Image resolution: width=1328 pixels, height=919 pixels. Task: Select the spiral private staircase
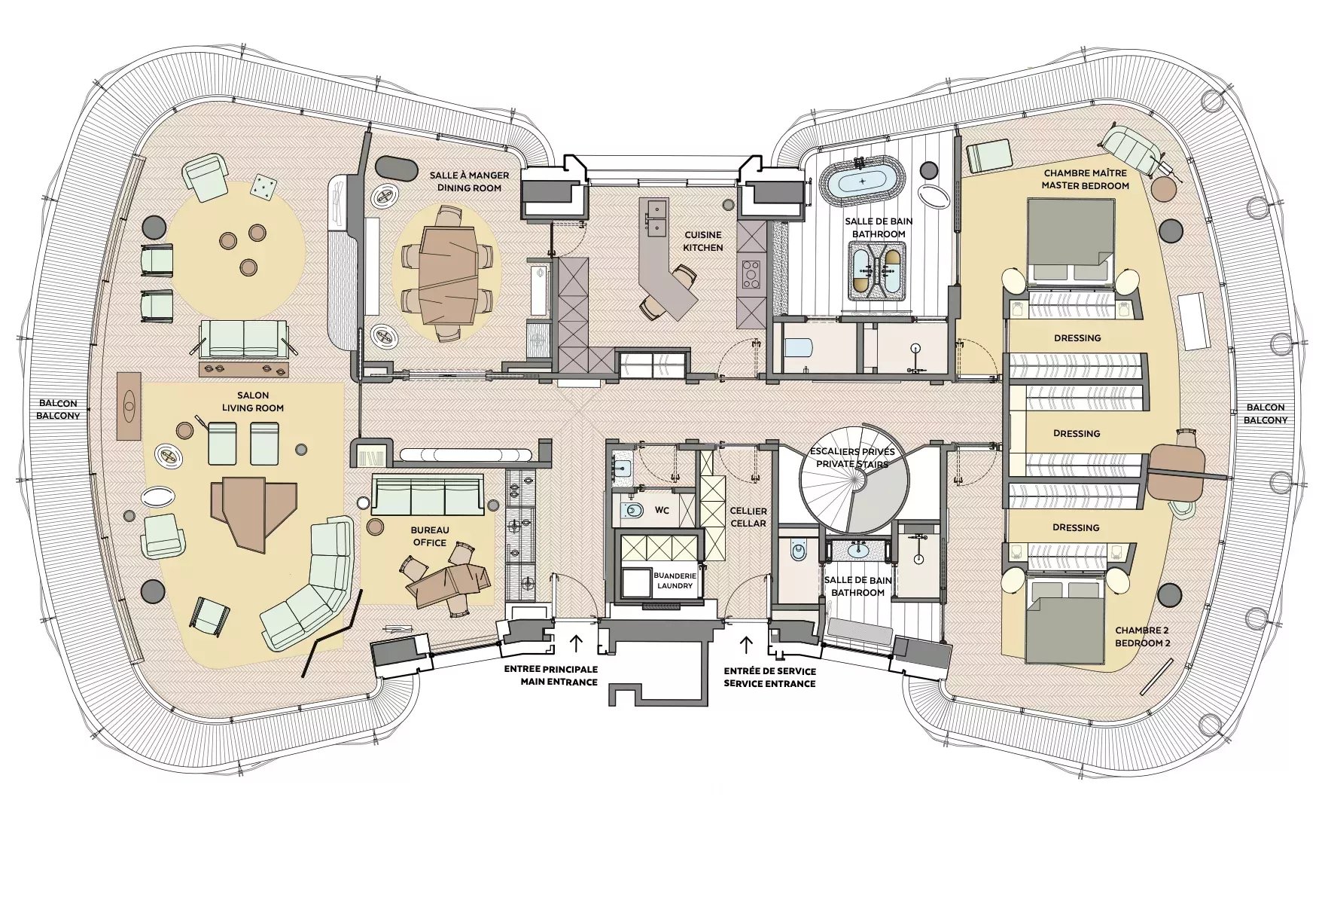point(854,479)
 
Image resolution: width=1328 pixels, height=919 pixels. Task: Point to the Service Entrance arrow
point(747,644)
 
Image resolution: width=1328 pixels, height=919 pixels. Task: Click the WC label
point(662,510)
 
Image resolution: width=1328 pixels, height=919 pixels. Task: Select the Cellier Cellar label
point(748,517)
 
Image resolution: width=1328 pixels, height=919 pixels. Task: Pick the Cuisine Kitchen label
point(703,241)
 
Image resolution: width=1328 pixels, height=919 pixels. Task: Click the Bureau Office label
point(429,536)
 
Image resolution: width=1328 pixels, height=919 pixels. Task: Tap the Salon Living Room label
point(253,401)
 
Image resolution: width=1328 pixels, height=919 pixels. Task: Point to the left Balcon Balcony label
point(59,410)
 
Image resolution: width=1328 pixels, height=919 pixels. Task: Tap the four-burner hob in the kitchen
point(752,275)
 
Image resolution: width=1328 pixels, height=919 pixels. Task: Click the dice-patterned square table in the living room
point(263,186)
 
